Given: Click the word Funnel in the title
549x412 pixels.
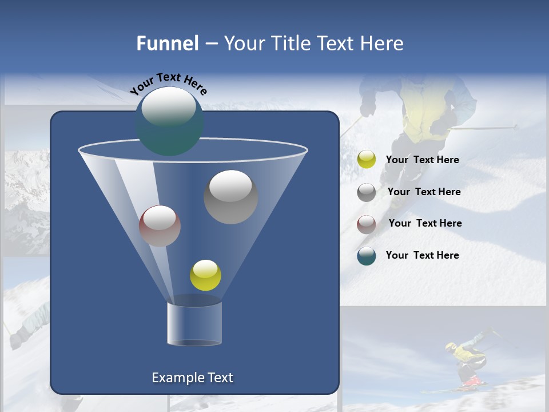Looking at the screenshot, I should (167, 43).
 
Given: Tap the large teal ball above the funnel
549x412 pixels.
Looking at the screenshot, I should (169, 121).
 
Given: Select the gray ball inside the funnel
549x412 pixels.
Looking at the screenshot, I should (230, 197).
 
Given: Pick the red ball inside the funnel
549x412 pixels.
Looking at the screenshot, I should (160, 226).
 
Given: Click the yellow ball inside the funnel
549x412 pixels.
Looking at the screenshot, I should (205, 275).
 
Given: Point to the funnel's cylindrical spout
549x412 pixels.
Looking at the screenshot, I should (194, 323).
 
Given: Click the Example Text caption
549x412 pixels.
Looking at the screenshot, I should (192, 378).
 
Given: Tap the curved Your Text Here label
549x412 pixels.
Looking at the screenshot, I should (168, 84).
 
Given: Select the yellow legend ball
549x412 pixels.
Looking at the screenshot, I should (367, 160).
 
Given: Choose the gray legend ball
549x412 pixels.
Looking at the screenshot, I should (367, 192).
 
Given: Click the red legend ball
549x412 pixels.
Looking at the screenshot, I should (367, 224).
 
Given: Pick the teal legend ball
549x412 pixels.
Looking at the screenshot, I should (367, 256).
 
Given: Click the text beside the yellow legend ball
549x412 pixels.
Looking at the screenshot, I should (422, 160).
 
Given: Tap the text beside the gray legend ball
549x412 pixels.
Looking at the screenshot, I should (424, 192).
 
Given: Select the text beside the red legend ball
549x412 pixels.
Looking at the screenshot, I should (425, 223).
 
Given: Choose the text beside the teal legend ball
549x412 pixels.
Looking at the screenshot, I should (422, 255).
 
